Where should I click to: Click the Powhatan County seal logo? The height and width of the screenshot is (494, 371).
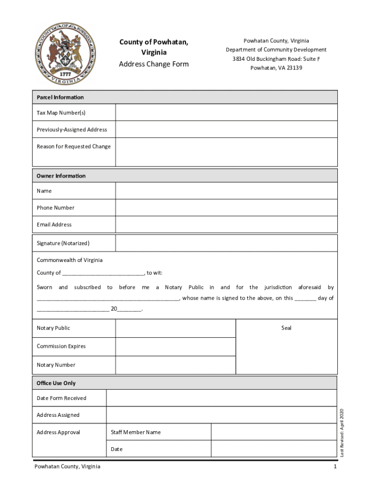(65, 54)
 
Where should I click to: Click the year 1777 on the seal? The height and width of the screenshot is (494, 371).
(65, 75)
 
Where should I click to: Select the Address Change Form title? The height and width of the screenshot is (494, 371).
(154, 64)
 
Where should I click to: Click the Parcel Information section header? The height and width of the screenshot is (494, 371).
(60, 97)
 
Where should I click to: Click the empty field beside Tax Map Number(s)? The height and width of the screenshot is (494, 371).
(226, 113)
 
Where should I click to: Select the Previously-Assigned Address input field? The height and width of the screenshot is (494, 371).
(226, 129)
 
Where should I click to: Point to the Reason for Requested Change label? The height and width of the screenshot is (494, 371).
(74, 147)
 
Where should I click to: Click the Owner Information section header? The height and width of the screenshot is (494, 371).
(61, 176)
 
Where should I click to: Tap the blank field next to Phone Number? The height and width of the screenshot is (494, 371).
(226, 207)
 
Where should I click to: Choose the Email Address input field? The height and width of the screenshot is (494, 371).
(226, 224)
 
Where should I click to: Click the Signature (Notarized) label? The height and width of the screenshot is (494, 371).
(63, 243)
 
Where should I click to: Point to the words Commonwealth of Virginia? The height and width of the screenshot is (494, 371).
(69, 260)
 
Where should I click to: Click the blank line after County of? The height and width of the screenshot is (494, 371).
(103, 274)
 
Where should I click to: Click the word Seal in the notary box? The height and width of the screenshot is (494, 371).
(286, 328)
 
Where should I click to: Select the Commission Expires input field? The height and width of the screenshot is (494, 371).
(175, 346)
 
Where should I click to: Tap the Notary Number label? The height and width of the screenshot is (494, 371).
(56, 365)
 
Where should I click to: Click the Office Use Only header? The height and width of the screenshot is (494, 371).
(56, 383)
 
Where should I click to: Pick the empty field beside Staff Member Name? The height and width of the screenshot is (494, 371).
(274, 432)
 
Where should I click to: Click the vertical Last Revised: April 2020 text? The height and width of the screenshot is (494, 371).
(342, 432)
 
